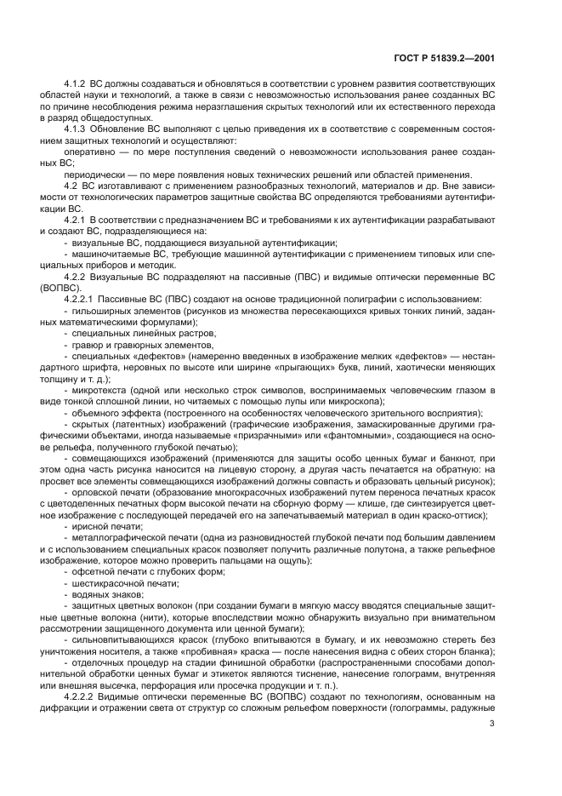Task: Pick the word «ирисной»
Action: (x=88, y=527)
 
